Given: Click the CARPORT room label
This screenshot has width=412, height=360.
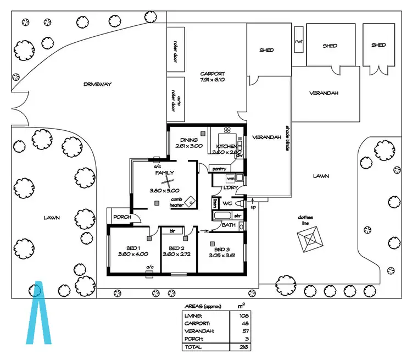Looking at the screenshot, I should pyautogui.click(x=213, y=74).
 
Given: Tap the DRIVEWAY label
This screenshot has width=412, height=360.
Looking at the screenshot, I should pyautogui.click(x=98, y=84).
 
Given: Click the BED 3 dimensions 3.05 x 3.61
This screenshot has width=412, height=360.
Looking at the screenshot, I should pyautogui.click(x=221, y=255).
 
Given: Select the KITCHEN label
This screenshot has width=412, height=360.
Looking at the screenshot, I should pyautogui.click(x=226, y=146).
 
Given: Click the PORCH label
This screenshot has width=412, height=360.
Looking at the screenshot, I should pyautogui.click(x=122, y=217).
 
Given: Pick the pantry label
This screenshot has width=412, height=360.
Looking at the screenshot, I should pyautogui.click(x=220, y=169).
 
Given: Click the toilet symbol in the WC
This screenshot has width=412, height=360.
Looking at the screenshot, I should pyautogui.click(x=238, y=203).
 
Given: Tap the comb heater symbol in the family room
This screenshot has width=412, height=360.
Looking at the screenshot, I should pyautogui.click(x=190, y=202).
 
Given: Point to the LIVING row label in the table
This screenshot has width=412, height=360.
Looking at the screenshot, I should pyautogui.click(x=194, y=315).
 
